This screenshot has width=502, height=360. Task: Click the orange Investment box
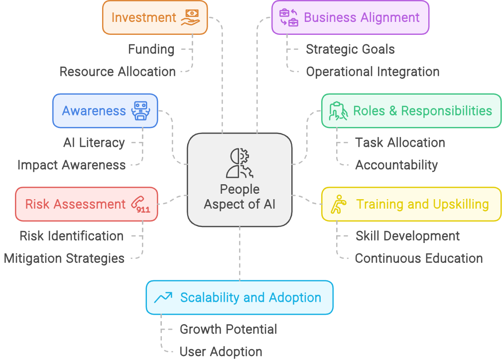155,17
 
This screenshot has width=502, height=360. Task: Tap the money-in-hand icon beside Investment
190,17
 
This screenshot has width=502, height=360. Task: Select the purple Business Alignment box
350,17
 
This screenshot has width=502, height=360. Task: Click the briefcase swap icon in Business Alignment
289,17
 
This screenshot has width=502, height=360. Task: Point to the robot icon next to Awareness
140,111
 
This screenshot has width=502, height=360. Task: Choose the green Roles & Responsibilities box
411,111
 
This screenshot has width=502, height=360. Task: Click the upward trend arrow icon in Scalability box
163,298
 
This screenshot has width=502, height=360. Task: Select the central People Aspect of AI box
240,179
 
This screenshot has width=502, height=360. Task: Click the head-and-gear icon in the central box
240,163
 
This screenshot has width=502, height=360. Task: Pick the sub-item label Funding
151,49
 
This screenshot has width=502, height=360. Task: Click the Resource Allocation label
118,72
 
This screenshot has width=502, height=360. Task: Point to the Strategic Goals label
350,49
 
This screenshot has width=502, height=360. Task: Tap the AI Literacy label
94,143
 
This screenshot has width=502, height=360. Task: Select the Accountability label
396,165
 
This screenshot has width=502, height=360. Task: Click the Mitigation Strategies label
64,258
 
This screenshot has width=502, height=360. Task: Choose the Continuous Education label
419,258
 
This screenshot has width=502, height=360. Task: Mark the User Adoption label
221,352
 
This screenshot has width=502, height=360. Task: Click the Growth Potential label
228,329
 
